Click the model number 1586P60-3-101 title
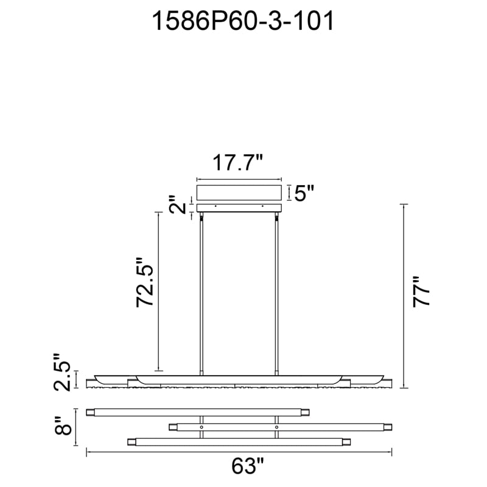coord(242,21)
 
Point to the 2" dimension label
coord(177,205)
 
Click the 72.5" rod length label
coord(145,282)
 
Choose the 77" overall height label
coord(421,292)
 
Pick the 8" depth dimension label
coord(63,426)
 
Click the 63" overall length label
coord(248,466)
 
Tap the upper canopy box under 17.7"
coord(239,193)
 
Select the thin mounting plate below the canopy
coord(239,208)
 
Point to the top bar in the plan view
coord(198,413)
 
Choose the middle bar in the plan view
coord(281,427)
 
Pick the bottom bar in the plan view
coord(239,442)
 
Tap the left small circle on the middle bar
coord(201,427)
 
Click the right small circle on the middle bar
coord(276,427)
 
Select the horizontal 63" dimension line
coord(239,452)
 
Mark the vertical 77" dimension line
coord(404,296)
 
